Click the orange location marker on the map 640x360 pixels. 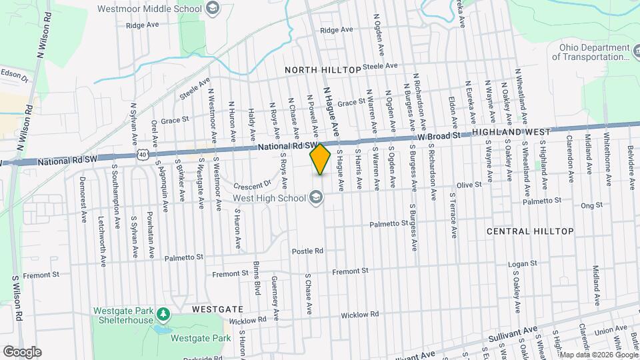321,159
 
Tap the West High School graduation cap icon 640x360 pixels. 315,197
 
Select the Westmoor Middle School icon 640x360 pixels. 213,9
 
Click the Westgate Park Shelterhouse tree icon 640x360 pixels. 162,313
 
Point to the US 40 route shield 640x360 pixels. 143,154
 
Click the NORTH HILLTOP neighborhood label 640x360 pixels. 322,69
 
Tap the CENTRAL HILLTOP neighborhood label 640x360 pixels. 530,231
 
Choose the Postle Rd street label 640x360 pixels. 307,251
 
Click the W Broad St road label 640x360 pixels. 440,136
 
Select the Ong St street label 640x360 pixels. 591,205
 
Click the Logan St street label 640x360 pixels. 523,265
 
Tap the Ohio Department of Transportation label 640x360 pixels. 591,52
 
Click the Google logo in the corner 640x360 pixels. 22,351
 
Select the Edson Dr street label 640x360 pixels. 13,75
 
